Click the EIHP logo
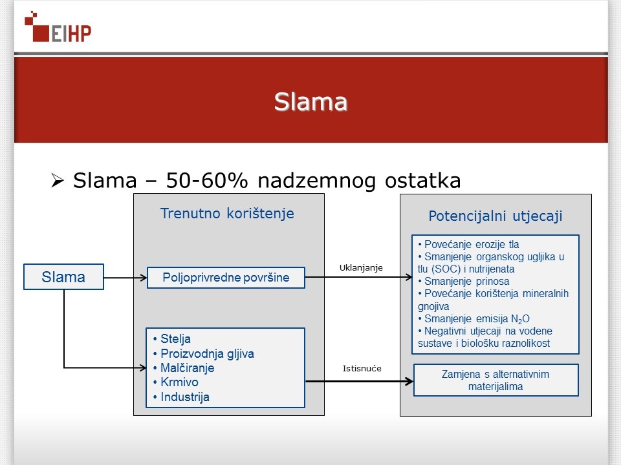pos(58,27)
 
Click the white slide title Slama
pos(310,101)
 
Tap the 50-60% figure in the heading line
pos(207,180)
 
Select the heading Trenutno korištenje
pos(227,214)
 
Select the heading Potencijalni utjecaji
pos(495,216)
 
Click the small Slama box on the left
pos(63,277)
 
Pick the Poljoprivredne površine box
pos(226,278)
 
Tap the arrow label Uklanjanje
pos(361,267)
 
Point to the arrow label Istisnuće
pos(362,369)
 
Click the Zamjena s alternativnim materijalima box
pos(496,380)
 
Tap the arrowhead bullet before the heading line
pos(58,181)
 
